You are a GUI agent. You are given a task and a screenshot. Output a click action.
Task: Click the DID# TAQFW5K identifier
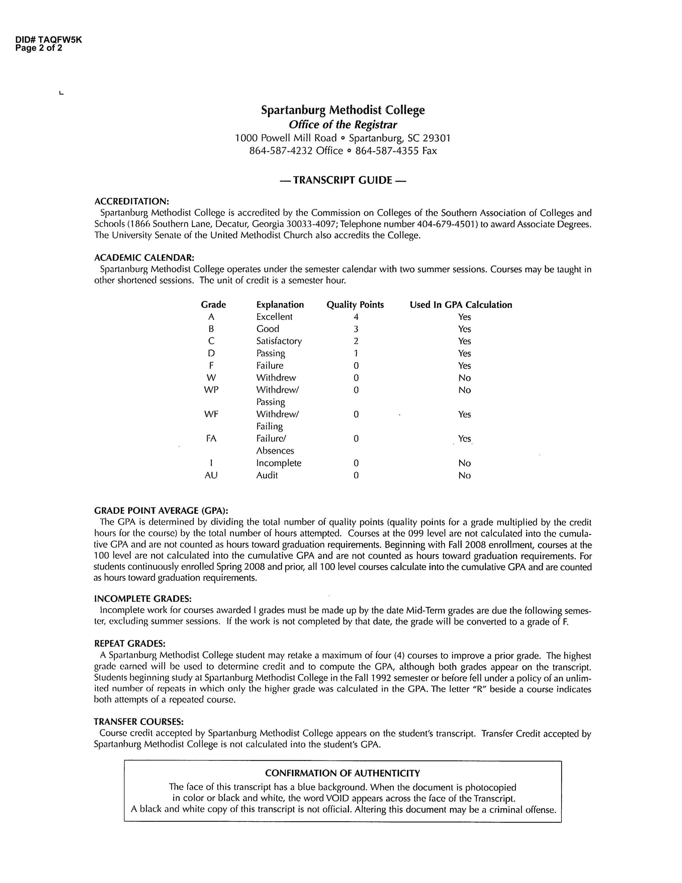coord(49,40)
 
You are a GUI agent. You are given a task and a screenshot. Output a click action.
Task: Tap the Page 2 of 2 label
coord(39,48)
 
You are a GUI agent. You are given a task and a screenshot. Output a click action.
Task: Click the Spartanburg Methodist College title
coord(343,110)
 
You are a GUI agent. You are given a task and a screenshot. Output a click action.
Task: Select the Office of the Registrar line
coord(343,125)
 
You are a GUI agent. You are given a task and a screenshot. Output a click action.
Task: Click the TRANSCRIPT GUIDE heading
coord(343,180)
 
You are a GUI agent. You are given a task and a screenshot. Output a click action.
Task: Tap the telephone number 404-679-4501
coord(444,224)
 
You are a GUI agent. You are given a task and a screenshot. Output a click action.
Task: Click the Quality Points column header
coord(355,305)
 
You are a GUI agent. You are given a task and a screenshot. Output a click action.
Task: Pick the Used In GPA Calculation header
coord(461,305)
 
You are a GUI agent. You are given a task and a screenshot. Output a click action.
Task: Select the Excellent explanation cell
coord(274,317)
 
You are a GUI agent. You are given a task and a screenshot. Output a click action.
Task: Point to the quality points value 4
coord(356,317)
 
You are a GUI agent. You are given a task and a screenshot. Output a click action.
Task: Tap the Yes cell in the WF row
coord(464,414)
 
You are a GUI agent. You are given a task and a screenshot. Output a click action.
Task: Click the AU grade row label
coord(211,475)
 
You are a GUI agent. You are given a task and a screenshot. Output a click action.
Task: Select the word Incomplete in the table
coord(278,463)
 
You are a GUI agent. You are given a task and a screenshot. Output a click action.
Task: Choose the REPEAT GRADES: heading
coord(129,643)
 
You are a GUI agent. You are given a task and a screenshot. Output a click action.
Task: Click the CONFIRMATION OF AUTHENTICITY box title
coord(342,773)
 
